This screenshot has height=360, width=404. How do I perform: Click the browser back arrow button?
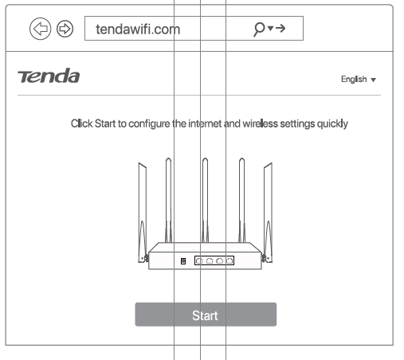[39, 29]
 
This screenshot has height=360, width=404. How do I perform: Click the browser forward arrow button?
[64, 29]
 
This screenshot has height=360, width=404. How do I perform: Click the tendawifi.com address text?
[138, 29]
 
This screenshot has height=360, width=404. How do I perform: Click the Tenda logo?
[49, 77]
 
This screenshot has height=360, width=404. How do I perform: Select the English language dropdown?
[358, 80]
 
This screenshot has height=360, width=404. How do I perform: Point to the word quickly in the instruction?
[333, 124]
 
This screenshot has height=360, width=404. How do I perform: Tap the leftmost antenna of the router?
[141, 207]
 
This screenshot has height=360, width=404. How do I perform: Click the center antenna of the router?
[205, 199]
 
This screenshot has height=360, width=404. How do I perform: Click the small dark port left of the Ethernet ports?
[183, 260]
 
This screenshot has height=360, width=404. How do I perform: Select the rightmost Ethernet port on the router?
[229, 260]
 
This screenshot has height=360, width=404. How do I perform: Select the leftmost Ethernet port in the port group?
[198, 260]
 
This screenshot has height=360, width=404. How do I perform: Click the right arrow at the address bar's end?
[281, 29]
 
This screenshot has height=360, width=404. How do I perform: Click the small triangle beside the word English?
[373, 80]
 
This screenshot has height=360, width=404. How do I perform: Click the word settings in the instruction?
[302, 124]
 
